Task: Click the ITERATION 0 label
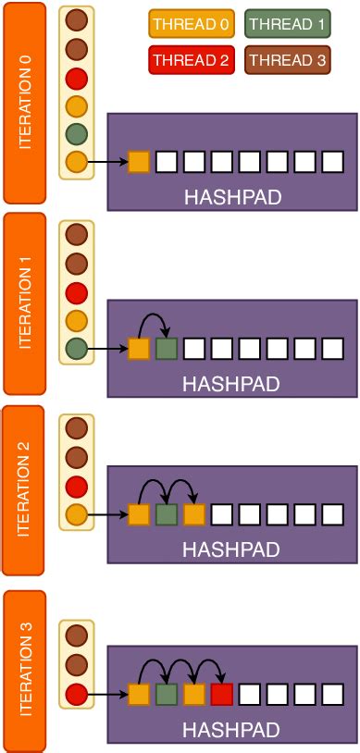click(24, 102)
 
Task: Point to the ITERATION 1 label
click(24, 304)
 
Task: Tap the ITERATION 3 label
click(24, 669)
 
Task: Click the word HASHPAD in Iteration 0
click(230, 197)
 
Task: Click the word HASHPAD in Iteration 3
click(230, 730)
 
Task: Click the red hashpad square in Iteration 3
click(221, 694)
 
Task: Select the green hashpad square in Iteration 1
click(166, 349)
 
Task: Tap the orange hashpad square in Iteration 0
click(139, 162)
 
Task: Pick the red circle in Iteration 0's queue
click(78, 77)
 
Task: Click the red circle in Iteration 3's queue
click(78, 693)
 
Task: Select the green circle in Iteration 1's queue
click(78, 349)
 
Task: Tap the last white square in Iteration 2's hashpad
click(333, 513)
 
